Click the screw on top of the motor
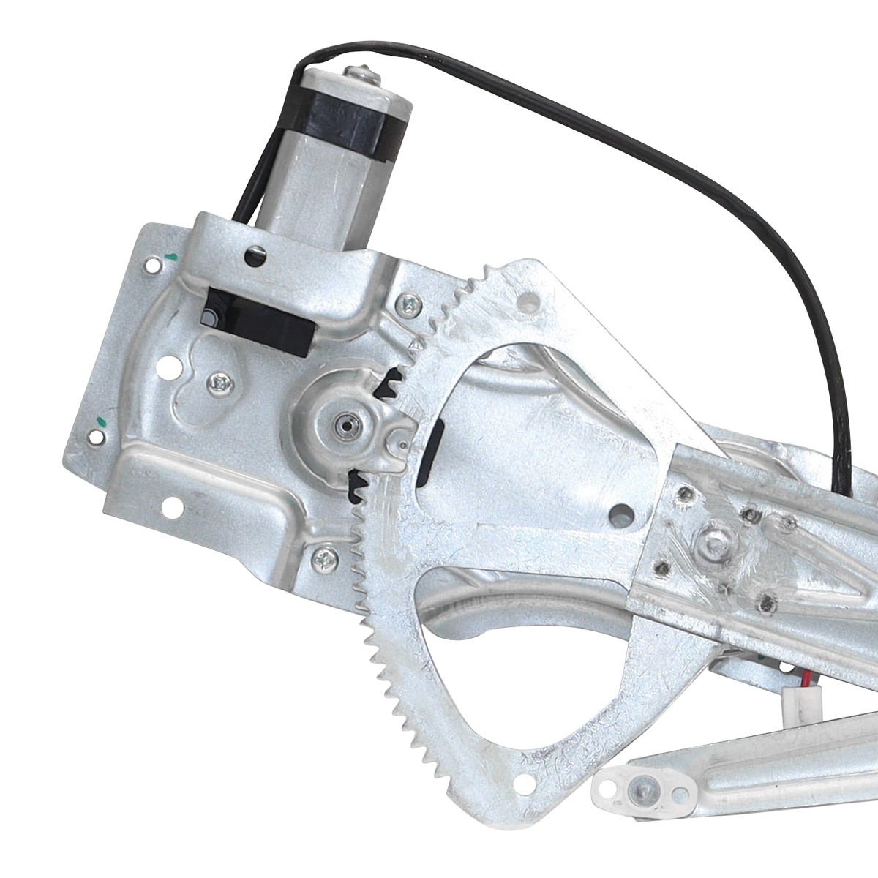click(361, 72)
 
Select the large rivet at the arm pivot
click(715, 544)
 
